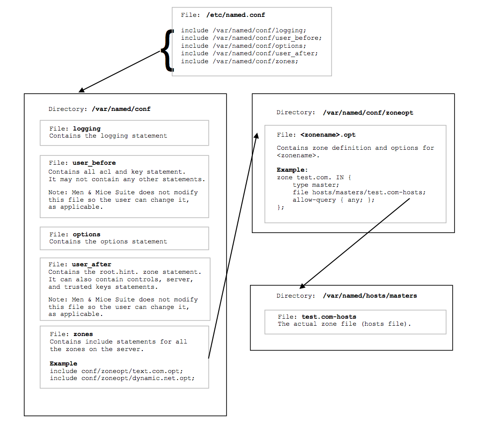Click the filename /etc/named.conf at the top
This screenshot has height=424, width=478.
coord(235,15)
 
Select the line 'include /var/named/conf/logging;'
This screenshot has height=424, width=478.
coord(243,30)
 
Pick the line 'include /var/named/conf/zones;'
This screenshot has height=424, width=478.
coord(240,61)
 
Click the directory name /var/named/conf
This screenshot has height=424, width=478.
coord(121,109)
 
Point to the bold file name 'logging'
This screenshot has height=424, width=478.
coord(87,129)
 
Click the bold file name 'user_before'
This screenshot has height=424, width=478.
coord(94,163)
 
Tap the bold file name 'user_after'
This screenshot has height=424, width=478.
coord(91,264)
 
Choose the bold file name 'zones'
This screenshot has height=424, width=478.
coord(83,334)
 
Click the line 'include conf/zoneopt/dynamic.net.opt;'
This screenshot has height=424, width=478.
coord(122,378)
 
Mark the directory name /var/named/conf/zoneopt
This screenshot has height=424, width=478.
coord(368,113)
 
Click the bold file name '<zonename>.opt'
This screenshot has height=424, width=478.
coord(328,135)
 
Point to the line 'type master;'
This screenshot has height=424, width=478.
coord(316,185)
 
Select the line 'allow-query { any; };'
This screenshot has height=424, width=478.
coord(333,200)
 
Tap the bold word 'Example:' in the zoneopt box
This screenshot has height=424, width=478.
coord(292,170)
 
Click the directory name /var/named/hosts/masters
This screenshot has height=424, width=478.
coord(370,296)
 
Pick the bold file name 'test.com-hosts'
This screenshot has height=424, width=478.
coord(329,317)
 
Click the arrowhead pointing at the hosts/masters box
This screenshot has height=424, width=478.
coord(302,286)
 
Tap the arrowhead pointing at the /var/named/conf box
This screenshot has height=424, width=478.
coord(81,90)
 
